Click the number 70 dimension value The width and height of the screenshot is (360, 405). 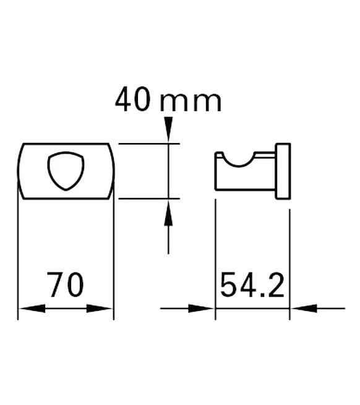[x=66, y=285]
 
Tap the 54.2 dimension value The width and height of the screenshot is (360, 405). [x=252, y=285]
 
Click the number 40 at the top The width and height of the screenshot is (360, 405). [x=132, y=100]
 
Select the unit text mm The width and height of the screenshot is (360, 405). [x=191, y=102]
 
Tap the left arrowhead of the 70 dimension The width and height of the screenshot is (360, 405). [x=28, y=308]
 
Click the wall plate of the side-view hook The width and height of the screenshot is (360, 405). [x=283, y=172]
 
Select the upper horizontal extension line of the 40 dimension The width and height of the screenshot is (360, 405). [x=148, y=144]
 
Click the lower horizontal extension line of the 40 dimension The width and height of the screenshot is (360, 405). [x=148, y=199]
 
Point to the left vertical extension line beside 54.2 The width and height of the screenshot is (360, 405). [x=215, y=260]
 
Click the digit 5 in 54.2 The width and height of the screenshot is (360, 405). [x=229, y=285]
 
